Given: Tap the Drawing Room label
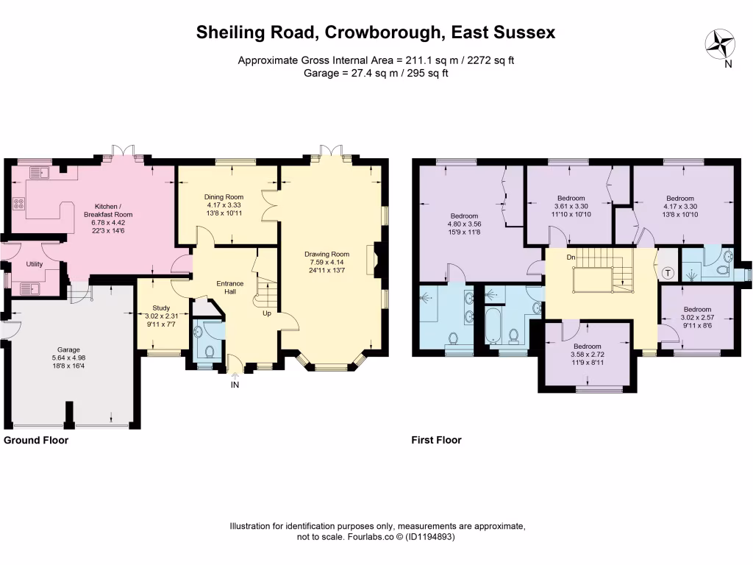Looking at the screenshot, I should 327,255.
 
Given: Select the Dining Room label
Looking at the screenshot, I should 223,197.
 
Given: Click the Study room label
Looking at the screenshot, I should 161,308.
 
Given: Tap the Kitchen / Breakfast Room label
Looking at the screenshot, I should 113,210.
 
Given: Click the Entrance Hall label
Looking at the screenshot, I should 229,287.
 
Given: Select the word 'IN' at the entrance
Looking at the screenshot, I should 235,384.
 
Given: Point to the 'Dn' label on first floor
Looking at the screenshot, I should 571,257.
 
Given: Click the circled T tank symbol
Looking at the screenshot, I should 668,272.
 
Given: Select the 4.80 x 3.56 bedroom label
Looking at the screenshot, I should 464,216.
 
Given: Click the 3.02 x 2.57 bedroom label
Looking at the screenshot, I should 697,309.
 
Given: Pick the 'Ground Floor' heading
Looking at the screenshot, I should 36,440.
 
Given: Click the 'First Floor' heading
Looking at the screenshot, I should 436,440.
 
